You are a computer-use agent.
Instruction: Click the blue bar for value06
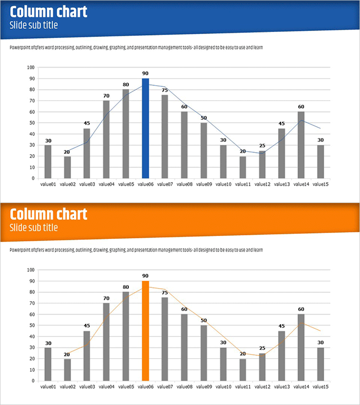pos(145,128)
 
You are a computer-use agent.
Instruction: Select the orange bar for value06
pos(145,331)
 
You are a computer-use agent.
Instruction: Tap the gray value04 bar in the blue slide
pos(106,139)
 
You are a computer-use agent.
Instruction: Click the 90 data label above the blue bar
pos(145,73)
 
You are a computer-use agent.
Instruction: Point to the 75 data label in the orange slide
pos(165,292)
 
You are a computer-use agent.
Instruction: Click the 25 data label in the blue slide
pos(262,146)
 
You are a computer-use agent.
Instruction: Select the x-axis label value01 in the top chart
pos(48,184)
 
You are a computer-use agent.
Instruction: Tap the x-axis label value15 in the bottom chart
pos(320,387)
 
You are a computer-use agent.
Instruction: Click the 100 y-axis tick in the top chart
pos(31,67)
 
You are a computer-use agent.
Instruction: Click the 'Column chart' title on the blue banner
pos(48,12)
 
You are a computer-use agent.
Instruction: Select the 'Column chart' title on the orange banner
pos(48,214)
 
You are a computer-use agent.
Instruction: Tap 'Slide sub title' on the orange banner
pos(34,228)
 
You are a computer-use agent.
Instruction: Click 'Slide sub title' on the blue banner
pos(34,25)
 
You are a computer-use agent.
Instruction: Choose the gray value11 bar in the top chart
pos(243,167)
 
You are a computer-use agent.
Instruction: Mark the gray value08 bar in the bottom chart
pos(184,347)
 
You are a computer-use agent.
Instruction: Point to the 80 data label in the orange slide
pos(126,287)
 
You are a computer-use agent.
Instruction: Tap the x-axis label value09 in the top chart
pos(204,184)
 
